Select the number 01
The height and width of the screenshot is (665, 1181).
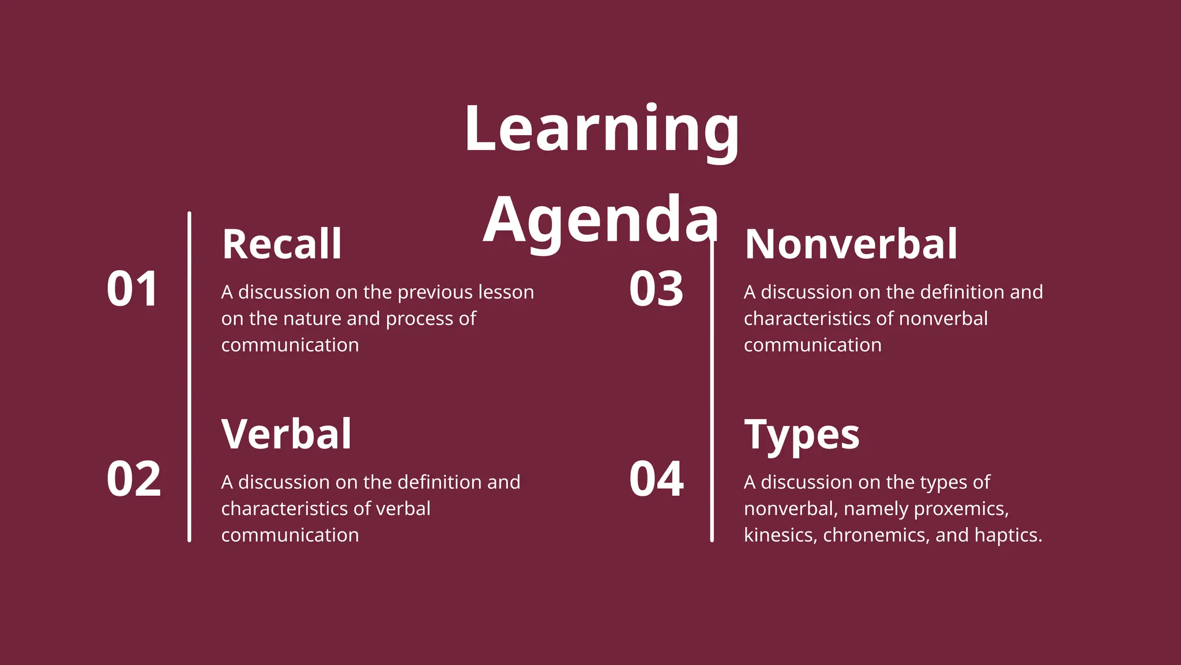(132, 289)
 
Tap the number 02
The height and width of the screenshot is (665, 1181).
(133, 479)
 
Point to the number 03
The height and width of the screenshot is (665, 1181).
(656, 289)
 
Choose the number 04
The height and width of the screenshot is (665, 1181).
(656, 479)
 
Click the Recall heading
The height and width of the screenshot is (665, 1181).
(282, 244)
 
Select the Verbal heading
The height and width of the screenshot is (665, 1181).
(286, 434)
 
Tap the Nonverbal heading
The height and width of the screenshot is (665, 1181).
(851, 244)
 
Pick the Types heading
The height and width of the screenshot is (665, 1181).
(802, 435)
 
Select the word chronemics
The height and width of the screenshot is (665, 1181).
(876, 536)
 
